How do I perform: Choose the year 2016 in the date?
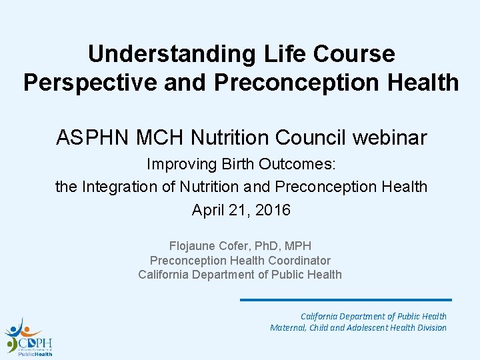pos(273,211)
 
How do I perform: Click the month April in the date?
pos(207,211)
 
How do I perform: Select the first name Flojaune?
pos(193,247)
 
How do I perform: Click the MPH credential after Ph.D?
pos(298,247)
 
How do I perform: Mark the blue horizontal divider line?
pos(345,300)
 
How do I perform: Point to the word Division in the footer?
pos(429,327)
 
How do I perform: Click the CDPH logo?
pos(28,337)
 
